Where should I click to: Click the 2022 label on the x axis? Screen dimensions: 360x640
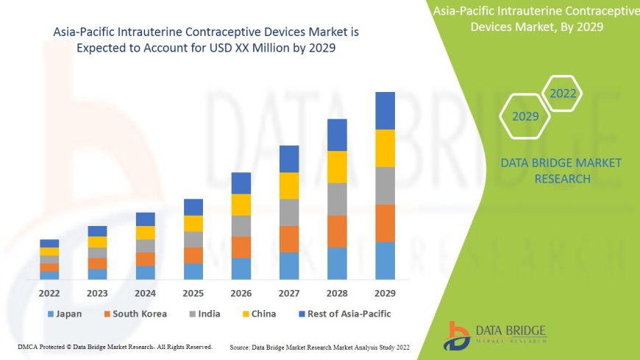coord(49,292)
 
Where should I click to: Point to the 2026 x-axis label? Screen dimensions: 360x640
coord(241,292)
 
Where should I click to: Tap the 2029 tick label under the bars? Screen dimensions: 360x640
coord(385,292)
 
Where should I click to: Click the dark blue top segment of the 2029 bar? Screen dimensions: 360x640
coord(385,110)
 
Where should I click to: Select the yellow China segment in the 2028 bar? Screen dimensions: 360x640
coord(337,166)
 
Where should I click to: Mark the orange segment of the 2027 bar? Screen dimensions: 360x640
coord(289,239)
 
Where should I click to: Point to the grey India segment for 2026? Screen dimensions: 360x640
coord(241,225)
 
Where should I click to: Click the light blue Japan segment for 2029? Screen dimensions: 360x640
coord(385,261)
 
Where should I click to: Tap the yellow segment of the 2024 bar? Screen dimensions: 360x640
coord(146,233)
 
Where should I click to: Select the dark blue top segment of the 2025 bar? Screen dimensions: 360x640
coord(193,207)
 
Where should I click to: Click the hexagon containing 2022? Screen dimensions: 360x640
coord(563,93)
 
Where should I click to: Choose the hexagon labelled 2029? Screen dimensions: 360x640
coord(525,116)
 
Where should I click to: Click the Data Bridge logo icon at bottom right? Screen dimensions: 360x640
coord(457,335)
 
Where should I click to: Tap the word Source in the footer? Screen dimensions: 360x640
coord(241,347)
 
